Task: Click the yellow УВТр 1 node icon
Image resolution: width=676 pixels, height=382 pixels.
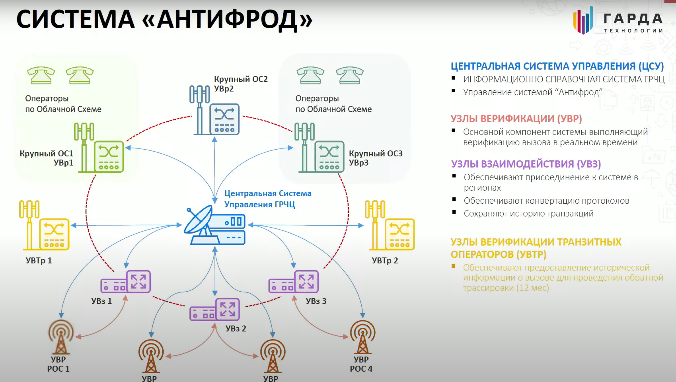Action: point(45,226)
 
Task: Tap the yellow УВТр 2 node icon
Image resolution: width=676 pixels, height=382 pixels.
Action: point(390,226)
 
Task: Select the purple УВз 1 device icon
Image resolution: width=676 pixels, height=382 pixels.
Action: point(126,282)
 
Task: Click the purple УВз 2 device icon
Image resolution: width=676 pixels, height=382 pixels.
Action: point(215,310)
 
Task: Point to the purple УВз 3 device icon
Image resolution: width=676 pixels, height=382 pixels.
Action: point(294,282)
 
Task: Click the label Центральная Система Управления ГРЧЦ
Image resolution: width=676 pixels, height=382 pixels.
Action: point(267,199)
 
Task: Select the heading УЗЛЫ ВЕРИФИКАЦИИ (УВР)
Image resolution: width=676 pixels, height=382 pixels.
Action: point(516,119)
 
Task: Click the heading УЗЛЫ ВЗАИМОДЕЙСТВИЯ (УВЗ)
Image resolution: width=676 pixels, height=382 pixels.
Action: point(526,164)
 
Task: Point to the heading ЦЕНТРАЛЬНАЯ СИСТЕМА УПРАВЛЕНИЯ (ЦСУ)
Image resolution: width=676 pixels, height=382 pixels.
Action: point(557,66)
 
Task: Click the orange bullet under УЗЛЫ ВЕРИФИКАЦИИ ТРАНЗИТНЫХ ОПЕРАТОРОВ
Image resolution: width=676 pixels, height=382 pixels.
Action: point(453,266)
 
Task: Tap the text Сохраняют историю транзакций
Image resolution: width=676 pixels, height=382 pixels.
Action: point(528,214)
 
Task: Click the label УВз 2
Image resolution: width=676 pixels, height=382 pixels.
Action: point(236,329)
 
